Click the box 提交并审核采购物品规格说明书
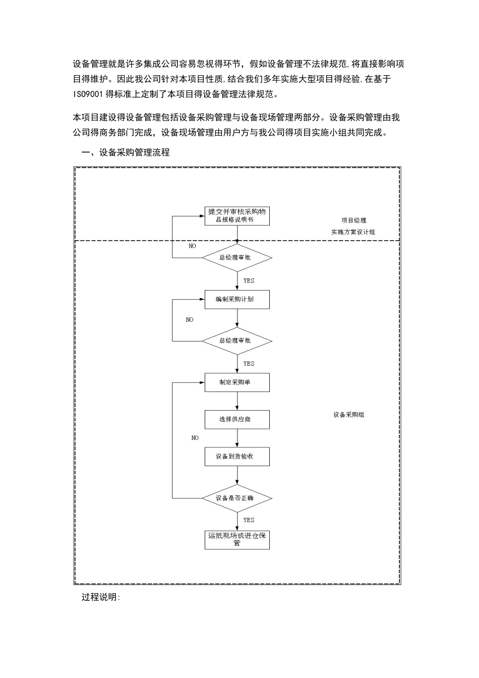pos(237,216)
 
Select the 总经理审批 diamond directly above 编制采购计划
pos(237,258)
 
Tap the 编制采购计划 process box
pos(237,299)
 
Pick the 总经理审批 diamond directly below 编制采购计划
pos(237,341)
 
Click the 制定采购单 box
pos(237,382)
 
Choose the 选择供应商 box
pos(237,419)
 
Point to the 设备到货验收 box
pos(237,457)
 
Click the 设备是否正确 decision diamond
pos(237,498)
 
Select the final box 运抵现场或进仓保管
pos(237,539)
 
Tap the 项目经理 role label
pos(353,220)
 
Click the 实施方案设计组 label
pos(353,233)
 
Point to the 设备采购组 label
pos(348,415)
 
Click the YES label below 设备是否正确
pos(249,520)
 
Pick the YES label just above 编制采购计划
pos(249,280)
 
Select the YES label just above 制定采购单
pos(249,364)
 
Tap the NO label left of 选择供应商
pos(195,438)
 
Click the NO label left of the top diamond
pos(192,246)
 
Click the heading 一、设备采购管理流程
pos(126,152)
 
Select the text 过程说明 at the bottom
pos(101,598)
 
